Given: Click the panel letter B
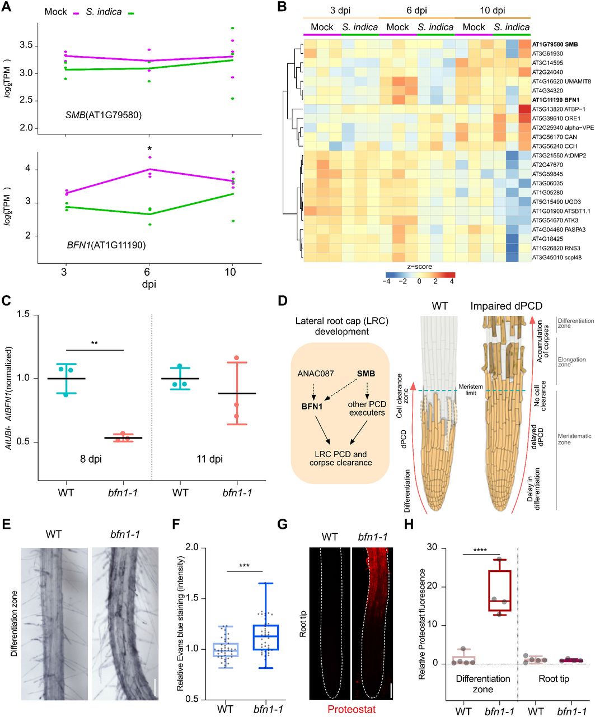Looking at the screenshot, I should [282, 7].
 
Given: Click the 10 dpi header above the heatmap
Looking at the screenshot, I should [492, 11].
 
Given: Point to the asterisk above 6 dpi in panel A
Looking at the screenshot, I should [149, 148].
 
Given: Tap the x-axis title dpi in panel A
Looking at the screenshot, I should [149, 284].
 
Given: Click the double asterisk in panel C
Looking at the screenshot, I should [94, 343].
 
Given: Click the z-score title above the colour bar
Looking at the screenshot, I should [420, 267].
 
